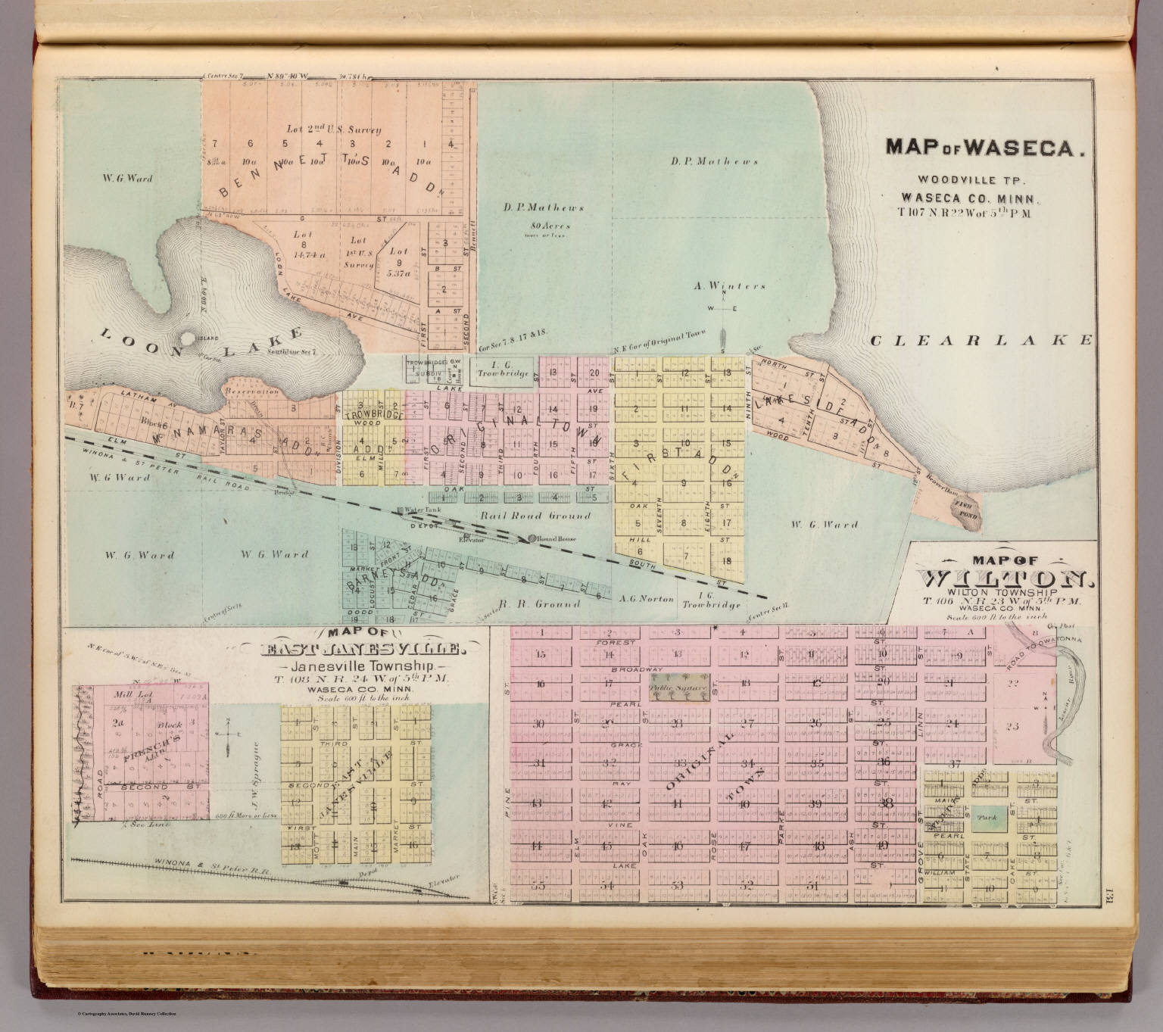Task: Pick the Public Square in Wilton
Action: [x=679, y=688]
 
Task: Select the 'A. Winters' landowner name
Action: [x=730, y=286]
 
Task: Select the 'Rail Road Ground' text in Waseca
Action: [x=534, y=516]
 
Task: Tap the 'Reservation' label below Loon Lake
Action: [x=251, y=391]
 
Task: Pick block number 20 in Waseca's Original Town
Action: [x=594, y=372]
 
